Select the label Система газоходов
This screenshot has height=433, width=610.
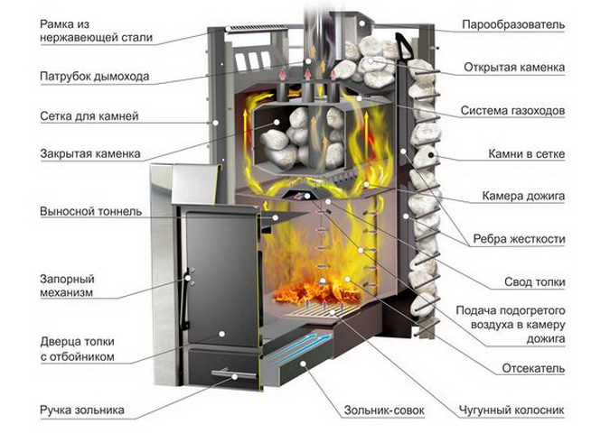pyautogui.click(x=512, y=111)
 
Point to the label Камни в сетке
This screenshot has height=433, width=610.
pyautogui.click(x=524, y=154)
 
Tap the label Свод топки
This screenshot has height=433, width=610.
pyautogui.click(x=533, y=282)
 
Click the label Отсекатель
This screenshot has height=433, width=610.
pyautogui.click(x=531, y=368)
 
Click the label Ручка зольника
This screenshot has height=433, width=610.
pyautogui.click(x=82, y=410)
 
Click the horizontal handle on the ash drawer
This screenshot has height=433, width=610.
pyautogui.click(x=221, y=372)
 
